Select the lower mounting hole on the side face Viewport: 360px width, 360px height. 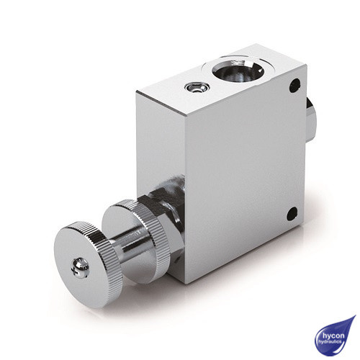tap(292, 214)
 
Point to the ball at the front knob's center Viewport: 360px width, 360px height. tap(79, 267)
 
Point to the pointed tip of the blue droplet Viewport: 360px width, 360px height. tap(353, 318)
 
